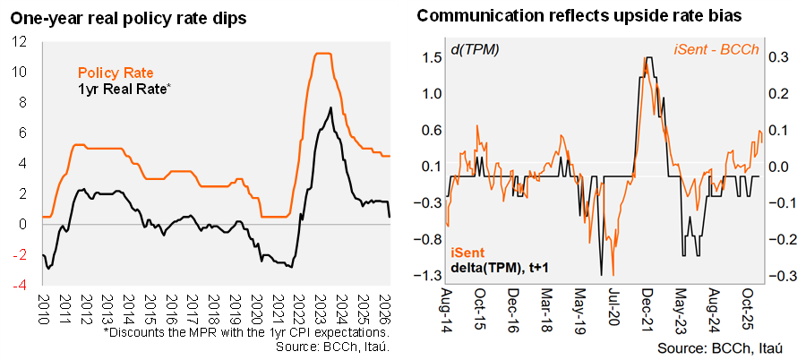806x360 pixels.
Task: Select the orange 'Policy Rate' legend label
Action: click(116, 73)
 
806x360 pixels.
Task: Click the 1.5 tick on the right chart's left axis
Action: click(433, 58)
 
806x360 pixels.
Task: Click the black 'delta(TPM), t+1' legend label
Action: click(502, 265)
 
